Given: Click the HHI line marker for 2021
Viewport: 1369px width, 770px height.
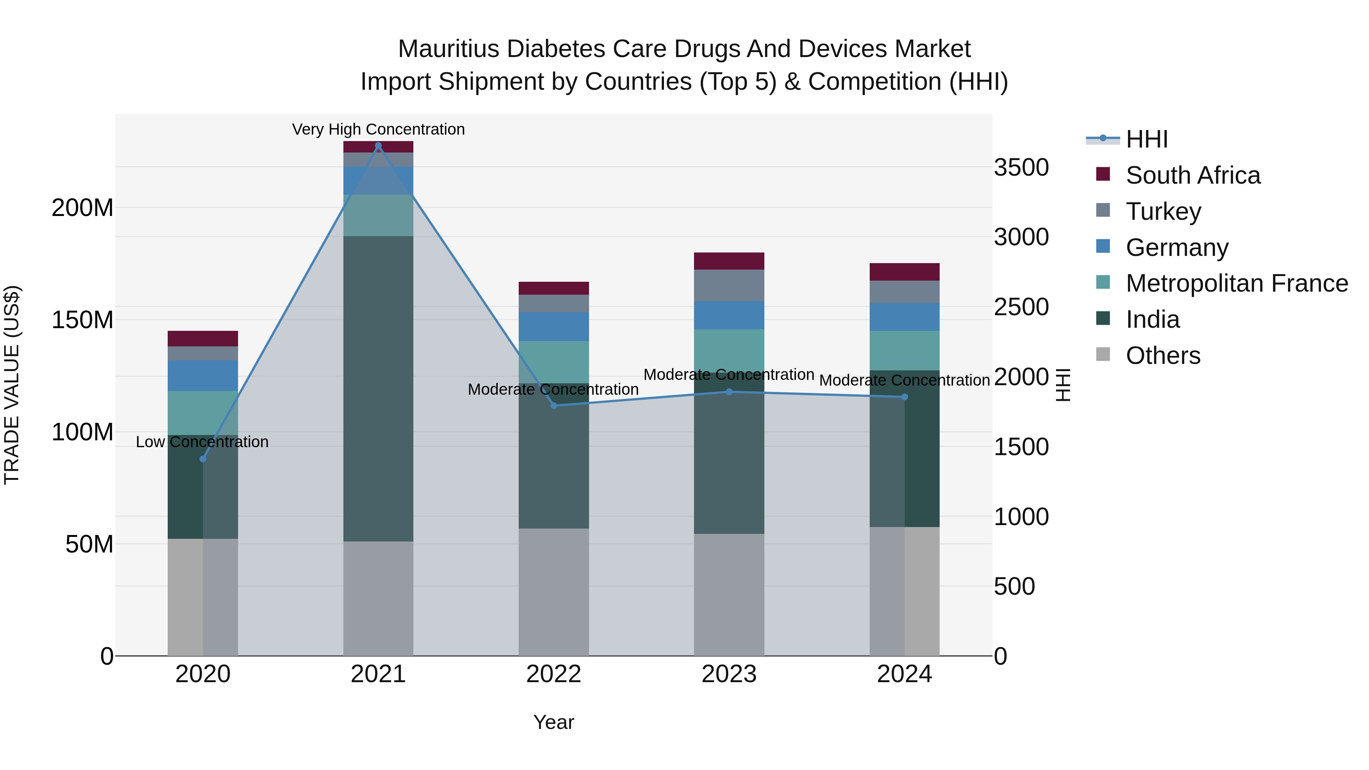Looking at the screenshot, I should coord(378,146).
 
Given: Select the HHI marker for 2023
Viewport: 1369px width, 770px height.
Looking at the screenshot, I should coord(729,392).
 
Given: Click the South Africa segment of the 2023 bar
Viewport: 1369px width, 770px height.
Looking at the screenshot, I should coord(729,261).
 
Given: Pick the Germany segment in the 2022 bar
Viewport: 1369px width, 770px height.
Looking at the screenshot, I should coord(553,326).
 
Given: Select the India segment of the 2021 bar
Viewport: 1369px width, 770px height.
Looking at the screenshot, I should coord(378,388).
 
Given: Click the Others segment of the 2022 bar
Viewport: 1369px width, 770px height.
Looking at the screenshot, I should coord(553,591).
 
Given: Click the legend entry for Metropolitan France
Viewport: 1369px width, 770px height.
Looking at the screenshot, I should coord(1237,283).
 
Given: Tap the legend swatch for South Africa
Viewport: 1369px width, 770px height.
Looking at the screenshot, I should coord(1103,174).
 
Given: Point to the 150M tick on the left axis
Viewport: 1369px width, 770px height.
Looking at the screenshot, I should coord(83,320).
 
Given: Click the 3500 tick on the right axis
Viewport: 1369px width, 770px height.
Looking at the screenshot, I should coord(1021,167).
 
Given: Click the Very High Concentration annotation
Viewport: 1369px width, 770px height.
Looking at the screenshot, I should coord(378,129).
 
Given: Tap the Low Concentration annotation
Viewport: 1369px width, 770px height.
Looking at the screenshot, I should coord(202,441).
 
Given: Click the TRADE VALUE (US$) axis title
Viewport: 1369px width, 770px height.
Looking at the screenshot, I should coord(12,385).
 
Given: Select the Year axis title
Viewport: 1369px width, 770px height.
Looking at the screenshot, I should coord(553,722).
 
